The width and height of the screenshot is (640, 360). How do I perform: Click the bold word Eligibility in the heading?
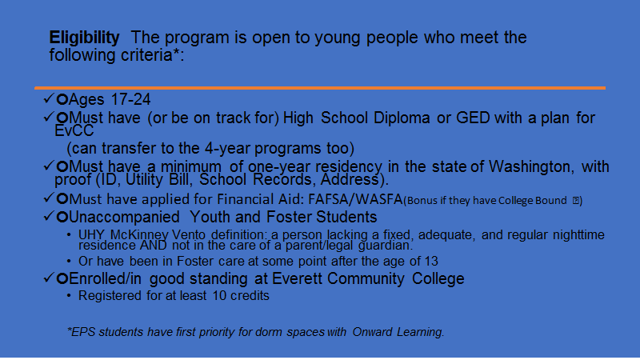coord(85,38)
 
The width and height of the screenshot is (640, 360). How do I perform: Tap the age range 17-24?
coord(130,99)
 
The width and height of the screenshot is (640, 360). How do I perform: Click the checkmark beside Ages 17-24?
coord(49,98)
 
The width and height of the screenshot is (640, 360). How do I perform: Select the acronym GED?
coord(473,118)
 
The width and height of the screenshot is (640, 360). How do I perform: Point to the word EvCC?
coord(74,131)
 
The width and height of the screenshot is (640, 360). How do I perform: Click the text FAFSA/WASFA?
coord(355,199)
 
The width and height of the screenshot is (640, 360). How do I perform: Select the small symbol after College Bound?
coord(576,201)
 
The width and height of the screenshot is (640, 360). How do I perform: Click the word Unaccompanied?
coord(125,217)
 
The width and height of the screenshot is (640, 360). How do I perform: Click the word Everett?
coord(297,278)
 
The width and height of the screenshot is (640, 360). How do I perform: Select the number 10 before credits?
coord(219,295)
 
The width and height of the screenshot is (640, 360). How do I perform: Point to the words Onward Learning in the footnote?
coord(398,332)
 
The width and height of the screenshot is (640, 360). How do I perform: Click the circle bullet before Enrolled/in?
coord(62,278)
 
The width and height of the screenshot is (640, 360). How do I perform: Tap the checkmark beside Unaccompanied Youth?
coord(49,215)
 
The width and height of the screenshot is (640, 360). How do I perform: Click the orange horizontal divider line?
coord(320,88)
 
